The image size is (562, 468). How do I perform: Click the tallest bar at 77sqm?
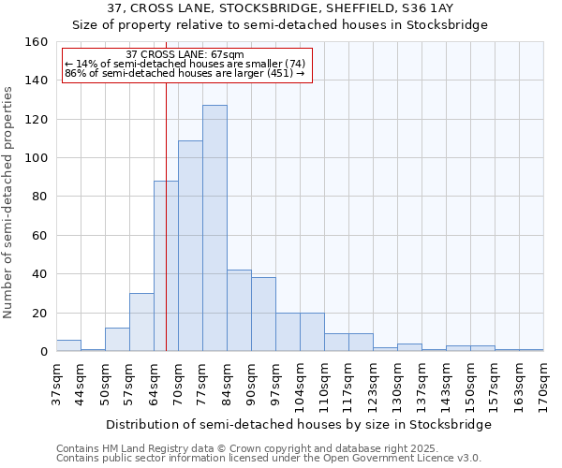214,228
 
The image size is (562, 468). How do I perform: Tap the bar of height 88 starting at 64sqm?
166,267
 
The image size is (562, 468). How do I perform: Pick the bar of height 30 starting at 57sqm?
141,323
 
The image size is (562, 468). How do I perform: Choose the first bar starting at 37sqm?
68,346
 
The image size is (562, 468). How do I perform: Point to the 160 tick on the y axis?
37,42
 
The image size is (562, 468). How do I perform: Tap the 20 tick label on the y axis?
40,314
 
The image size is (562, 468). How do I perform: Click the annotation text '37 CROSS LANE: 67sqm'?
185,54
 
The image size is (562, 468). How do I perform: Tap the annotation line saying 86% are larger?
185,73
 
